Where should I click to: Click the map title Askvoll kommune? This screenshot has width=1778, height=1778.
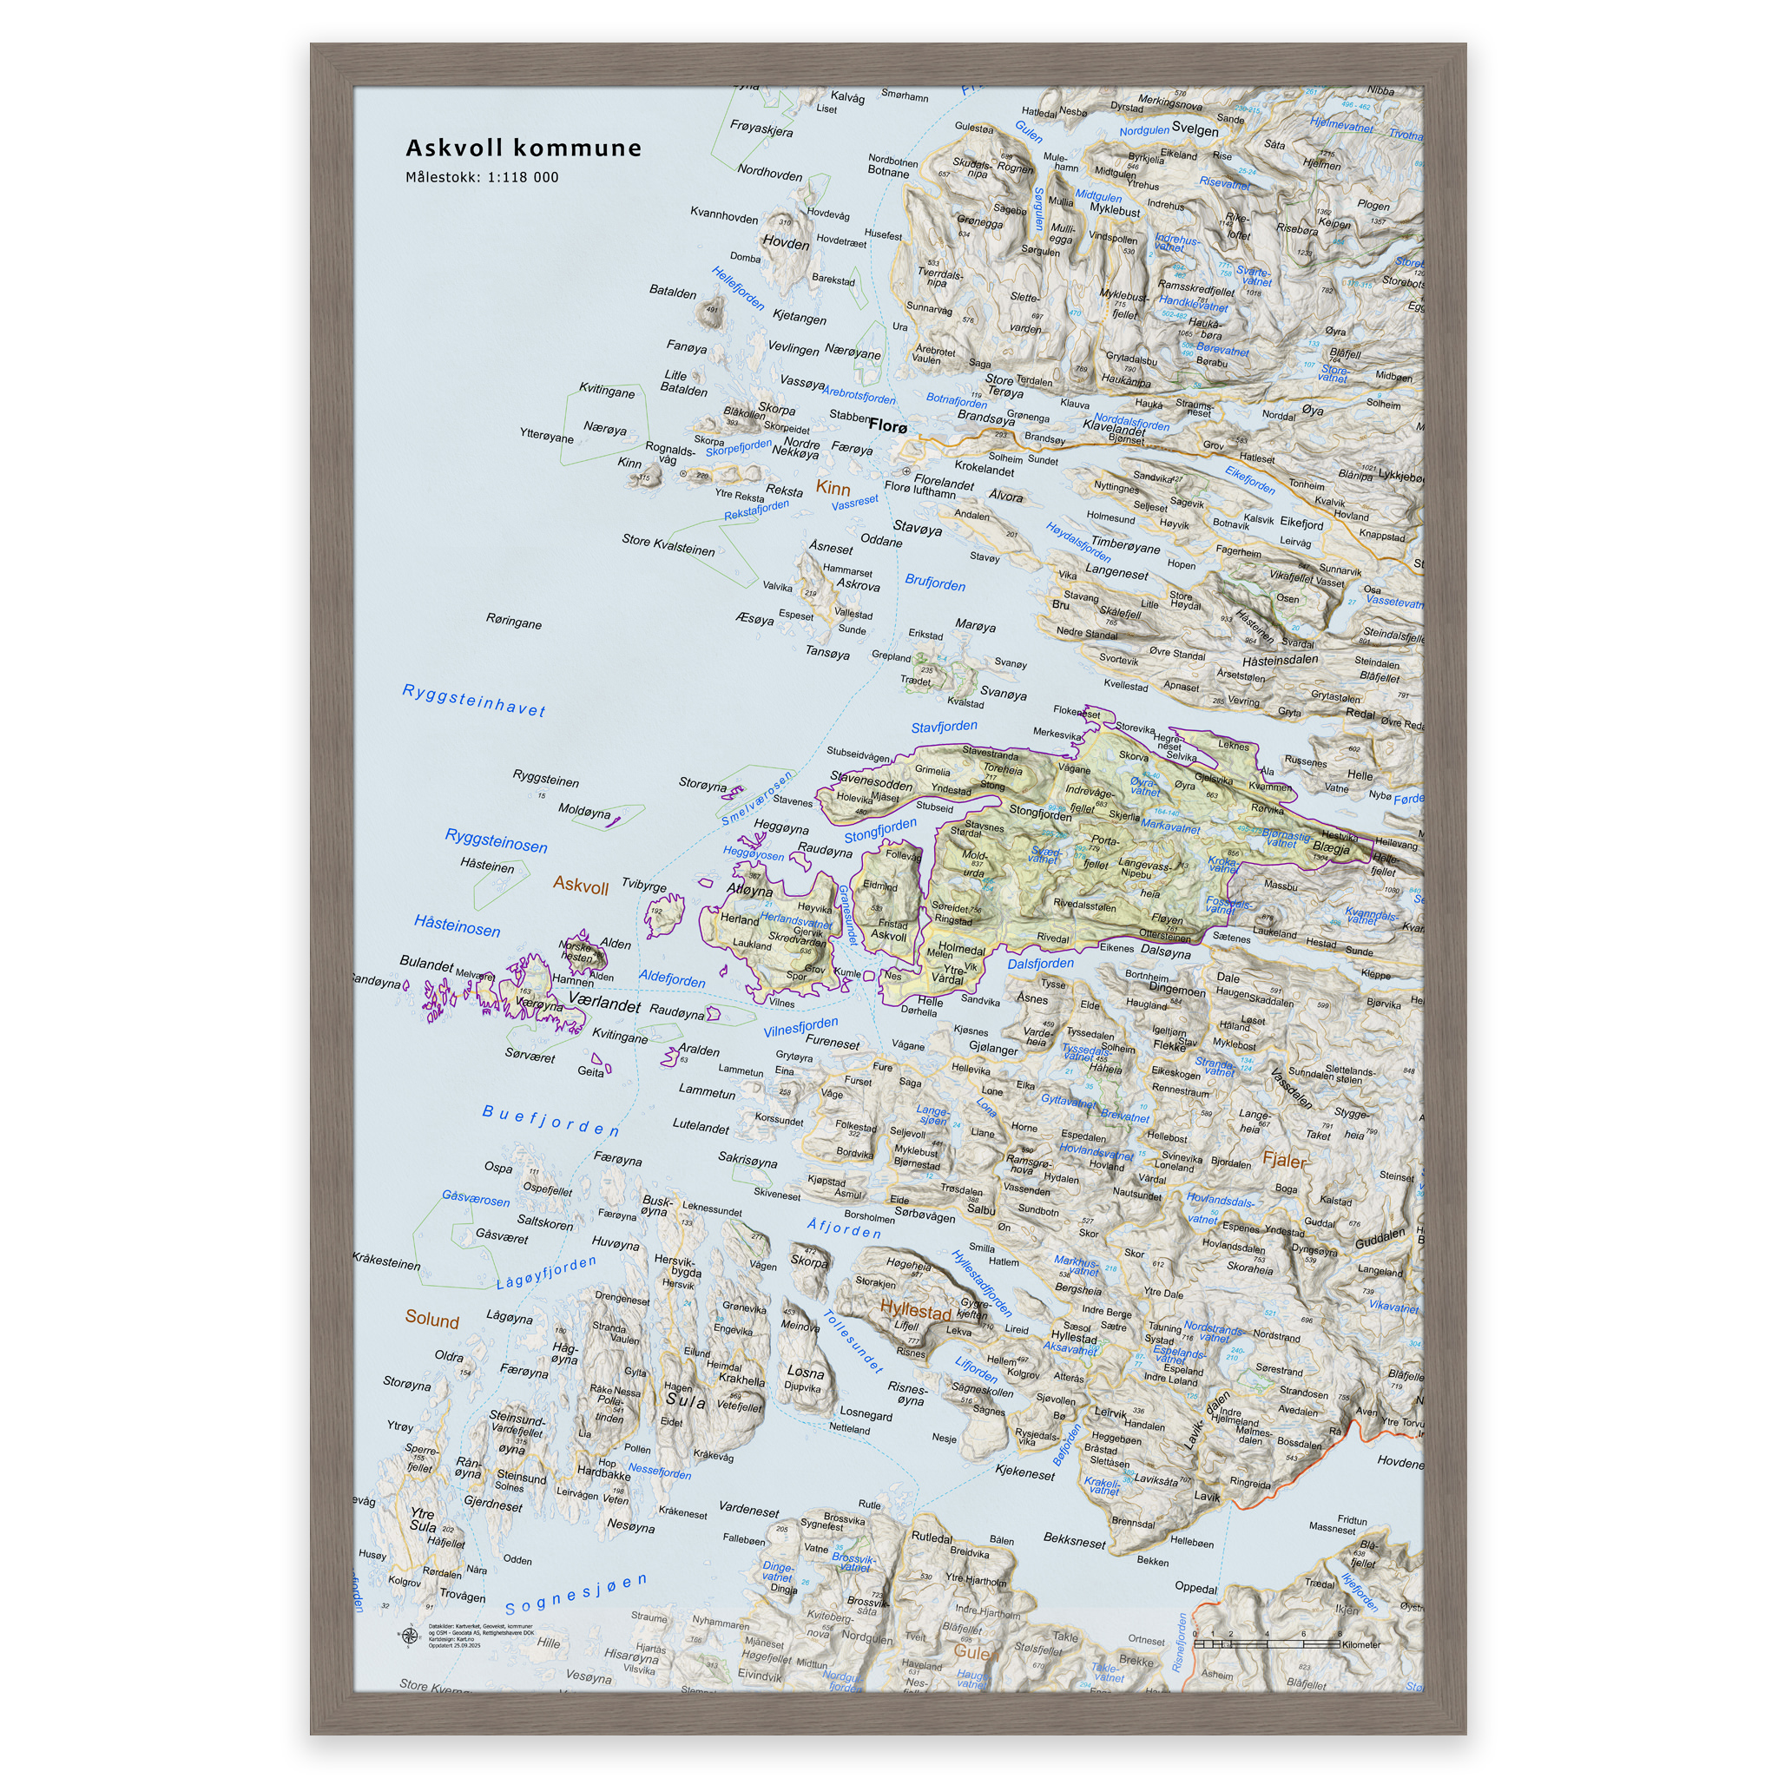coord(523,148)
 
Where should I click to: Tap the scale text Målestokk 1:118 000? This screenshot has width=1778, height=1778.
coord(481,177)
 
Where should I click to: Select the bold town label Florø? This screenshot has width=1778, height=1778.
coord(887,426)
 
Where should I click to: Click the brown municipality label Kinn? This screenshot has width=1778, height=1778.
coord(833,488)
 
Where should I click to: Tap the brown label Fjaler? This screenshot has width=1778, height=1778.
coord(1284,1161)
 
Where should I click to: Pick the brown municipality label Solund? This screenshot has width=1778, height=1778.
coord(431,1319)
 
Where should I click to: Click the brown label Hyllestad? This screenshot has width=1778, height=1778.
coord(915,1310)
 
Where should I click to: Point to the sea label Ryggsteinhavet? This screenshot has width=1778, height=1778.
coord(474,701)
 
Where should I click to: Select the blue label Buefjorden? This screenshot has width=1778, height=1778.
coord(550,1121)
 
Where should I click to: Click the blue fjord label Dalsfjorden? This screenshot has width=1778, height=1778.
coord(1040,964)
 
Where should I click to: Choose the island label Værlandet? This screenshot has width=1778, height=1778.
coord(603,1002)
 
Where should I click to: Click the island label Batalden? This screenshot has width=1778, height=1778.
coord(673,292)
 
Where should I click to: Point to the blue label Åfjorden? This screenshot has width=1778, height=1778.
coord(844,1228)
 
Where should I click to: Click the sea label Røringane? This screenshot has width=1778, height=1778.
coord(514,622)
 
